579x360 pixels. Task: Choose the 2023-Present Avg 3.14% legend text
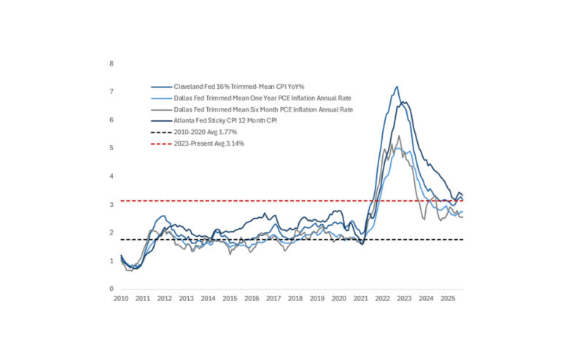[x=207, y=144]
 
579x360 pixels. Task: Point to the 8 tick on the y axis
[x=112, y=63]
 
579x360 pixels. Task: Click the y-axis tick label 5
[x=112, y=148]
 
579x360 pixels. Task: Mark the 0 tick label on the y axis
[x=112, y=289]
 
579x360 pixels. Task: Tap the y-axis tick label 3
[x=112, y=205]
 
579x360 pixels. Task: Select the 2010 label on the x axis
[x=121, y=299]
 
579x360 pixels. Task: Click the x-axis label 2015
[x=230, y=299]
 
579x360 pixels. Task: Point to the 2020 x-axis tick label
[x=338, y=299]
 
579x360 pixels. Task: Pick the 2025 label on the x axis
[x=447, y=299]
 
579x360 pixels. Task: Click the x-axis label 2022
[x=382, y=299]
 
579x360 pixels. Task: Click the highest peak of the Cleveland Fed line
[x=397, y=87]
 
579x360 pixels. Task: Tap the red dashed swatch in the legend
[x=159, y=144]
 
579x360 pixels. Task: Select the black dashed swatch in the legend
[x=159, y=133]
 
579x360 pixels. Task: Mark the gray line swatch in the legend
[x=159, y=109]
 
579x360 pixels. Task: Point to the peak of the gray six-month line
[x=399, y=136]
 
